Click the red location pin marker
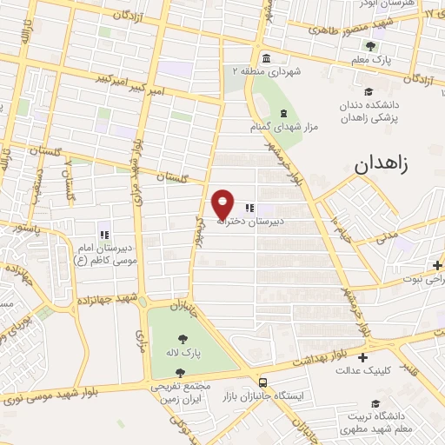coord(223,203)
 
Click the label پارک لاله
coord(184,354)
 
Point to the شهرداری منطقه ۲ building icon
coord(265,59)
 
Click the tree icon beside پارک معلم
coord(371,45)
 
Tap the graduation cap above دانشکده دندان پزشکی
coord(369,91)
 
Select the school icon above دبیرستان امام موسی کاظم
coord(103,234)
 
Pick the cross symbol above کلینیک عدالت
coord(362,357)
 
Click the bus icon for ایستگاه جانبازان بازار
coord(262,382)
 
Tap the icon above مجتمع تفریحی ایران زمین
coord(180,373)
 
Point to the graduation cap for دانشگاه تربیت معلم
coord(375,404)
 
